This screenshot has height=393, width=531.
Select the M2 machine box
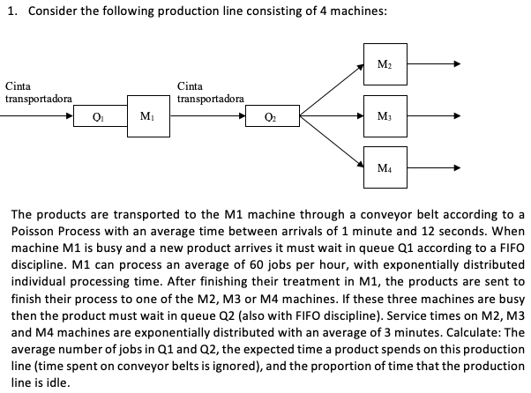pos(381,64)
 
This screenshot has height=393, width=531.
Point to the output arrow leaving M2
pos(432,64)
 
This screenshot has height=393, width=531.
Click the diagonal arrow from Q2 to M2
pos(331,89)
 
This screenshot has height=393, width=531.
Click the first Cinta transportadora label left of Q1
pos(38,93)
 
